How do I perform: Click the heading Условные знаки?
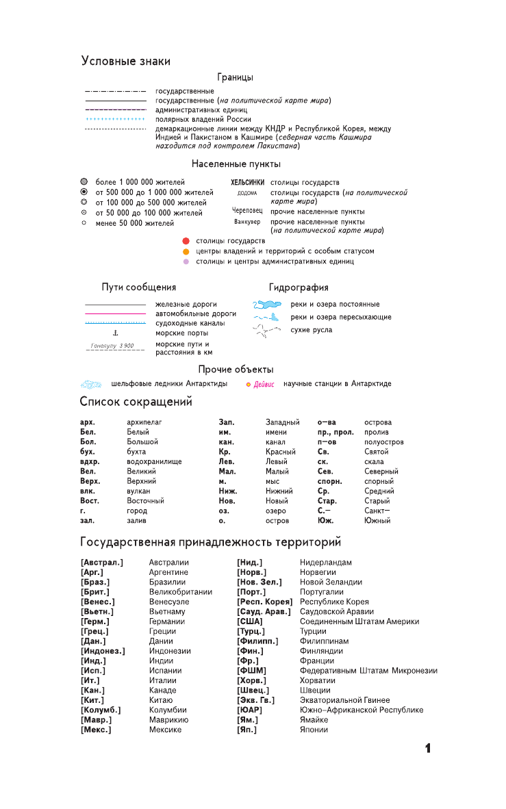(x=125, y=62)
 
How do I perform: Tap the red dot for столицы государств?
(x=186, y=241)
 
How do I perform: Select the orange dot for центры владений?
(x=186, y=251)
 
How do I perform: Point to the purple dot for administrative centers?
(x=186, y=261)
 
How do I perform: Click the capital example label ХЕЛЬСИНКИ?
(x=247, y=183)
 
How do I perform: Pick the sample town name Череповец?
(x=247, y=211)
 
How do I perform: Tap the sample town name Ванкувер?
(x=247, y=222)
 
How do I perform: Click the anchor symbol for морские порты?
(x=116, y=333)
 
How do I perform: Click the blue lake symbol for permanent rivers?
(x=267, y=305)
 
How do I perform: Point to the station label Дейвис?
(x=264, y=385)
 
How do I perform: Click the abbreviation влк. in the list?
(x=87, y=491)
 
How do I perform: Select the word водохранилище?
(x=154, y=461)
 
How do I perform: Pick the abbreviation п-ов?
(x=327, y=442)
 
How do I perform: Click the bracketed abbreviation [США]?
(x=250, y=621)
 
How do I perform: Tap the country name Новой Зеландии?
(x=331, y=582)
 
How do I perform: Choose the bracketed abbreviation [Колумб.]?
(x=101, y=710)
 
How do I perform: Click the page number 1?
(x=428, y=748)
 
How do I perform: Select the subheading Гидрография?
(x=299, y=287)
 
